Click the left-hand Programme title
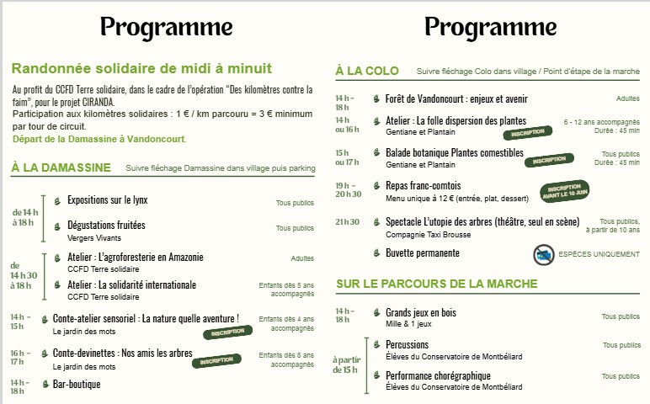pyautogui.click(x=166, y=28)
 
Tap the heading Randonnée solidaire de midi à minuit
pyautogui.click(x=141, y=68)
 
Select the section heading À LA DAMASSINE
pyautogui.click(x=61, y=167)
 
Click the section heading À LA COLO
pyautogui.click(x=367, y=71)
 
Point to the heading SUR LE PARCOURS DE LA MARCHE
pyautogui.click(x=437, y=284)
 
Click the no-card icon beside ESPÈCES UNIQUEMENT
pyautogui.click(x=543, y=254)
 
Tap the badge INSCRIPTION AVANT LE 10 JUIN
pyautogui.click(x=565, y=190)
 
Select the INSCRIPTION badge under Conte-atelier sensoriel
pyautogui.click(x=227, y=332)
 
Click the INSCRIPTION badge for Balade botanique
pyautogui.click(x=549, y=160)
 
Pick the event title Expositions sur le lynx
pyautogui.click(x=108, y=200)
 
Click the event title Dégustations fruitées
pyautogui.click(x=106, y=225)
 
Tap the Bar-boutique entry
pyautogui.click(x=77, y=384)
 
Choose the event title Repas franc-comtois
pyautogui.click(x=424, y=185)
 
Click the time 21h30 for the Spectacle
pyautogui.click(x=348, y=222)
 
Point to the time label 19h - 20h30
pyautogui.click(x=349, y=189)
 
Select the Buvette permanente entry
pyautogui.click(x=423, y=253)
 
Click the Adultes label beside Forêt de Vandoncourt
pyautogui.click(x=627, y=98)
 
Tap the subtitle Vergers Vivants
pyautogui.click(x=94, y=238)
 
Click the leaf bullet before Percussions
pyautogui.click(x=376, y=344)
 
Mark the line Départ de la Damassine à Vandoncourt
pyautogui.click(x=99, y=139)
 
